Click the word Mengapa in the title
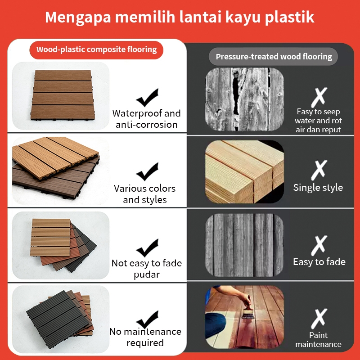pyautogui.click(x=78, y=18)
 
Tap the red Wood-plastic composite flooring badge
pyautogui.click(x=96, y=50)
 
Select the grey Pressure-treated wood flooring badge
pyautogui.click(x=274, y=57)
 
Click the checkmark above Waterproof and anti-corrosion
pyautogui.click(x=148, y=98)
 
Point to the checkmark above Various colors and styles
pyautogui.click(x=148, y=172)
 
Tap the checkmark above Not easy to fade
pyautogui.click(x=148, y=248)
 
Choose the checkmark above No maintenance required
pyautogui.click(x=148, y=319)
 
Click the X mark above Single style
pyautogui.click(x=319, y=170)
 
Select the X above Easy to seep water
pyautogui.click(x=319, y=97)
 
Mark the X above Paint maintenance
pyautogui.click(x=319, y=319)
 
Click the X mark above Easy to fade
pyautogui.click(x=319, y=245)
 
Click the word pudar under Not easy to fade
pyautogui.click(x=147, y=275)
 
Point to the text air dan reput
pyautogui.click(x=318, y=130)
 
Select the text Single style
pyautogui.click(x=318, y=188)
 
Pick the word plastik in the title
pyautogui.click(x=289, y=18)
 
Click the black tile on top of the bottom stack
pyautogui.click(x=58, y=319)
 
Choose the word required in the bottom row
pyautogui.click(x=145, y=343)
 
